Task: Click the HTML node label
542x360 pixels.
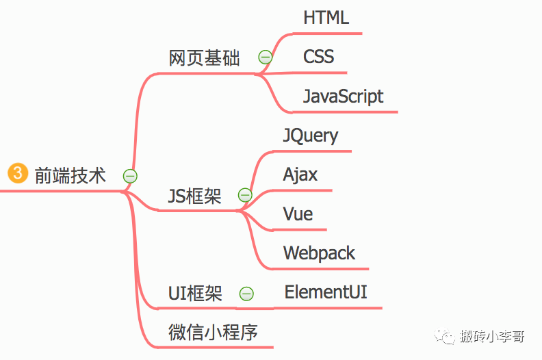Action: [x=326, y=18]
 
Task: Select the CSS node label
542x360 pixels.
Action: [x=319, y=56]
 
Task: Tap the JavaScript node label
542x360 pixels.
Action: [x=343, y=97]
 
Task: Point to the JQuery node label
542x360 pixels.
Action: [x=310, y=136]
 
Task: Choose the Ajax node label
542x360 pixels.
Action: [x=300, y=175]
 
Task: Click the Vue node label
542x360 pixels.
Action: [x=298, y=214]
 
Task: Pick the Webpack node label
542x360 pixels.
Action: [x=319, y=253]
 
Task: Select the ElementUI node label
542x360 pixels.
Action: [x=326, y=292]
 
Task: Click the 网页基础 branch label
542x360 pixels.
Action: [x=204, y=59]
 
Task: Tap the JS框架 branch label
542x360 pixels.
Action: [x=194, y=197]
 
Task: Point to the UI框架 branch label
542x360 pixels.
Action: [x=195, y=294]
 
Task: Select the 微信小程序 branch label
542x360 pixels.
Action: [x=213, y=333]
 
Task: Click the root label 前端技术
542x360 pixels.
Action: [x=70, y=176]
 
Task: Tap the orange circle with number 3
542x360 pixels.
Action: [x=17, y=174]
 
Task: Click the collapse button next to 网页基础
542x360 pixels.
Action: [x=266, y=57]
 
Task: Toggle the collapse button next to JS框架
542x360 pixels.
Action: [x=244, y=196]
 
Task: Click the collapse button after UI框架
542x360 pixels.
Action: [x=246, y=294]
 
